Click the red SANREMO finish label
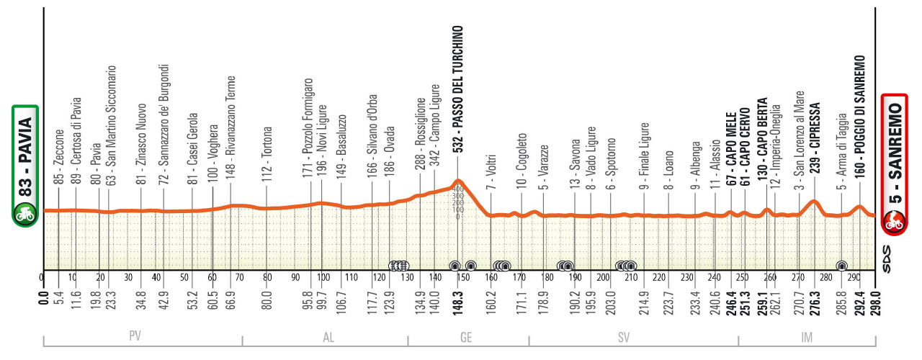point(895,150)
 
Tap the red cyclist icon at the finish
point(895,221)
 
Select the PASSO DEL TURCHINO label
point(458,89)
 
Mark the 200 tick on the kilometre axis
point(602,277)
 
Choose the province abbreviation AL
point(325,336)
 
